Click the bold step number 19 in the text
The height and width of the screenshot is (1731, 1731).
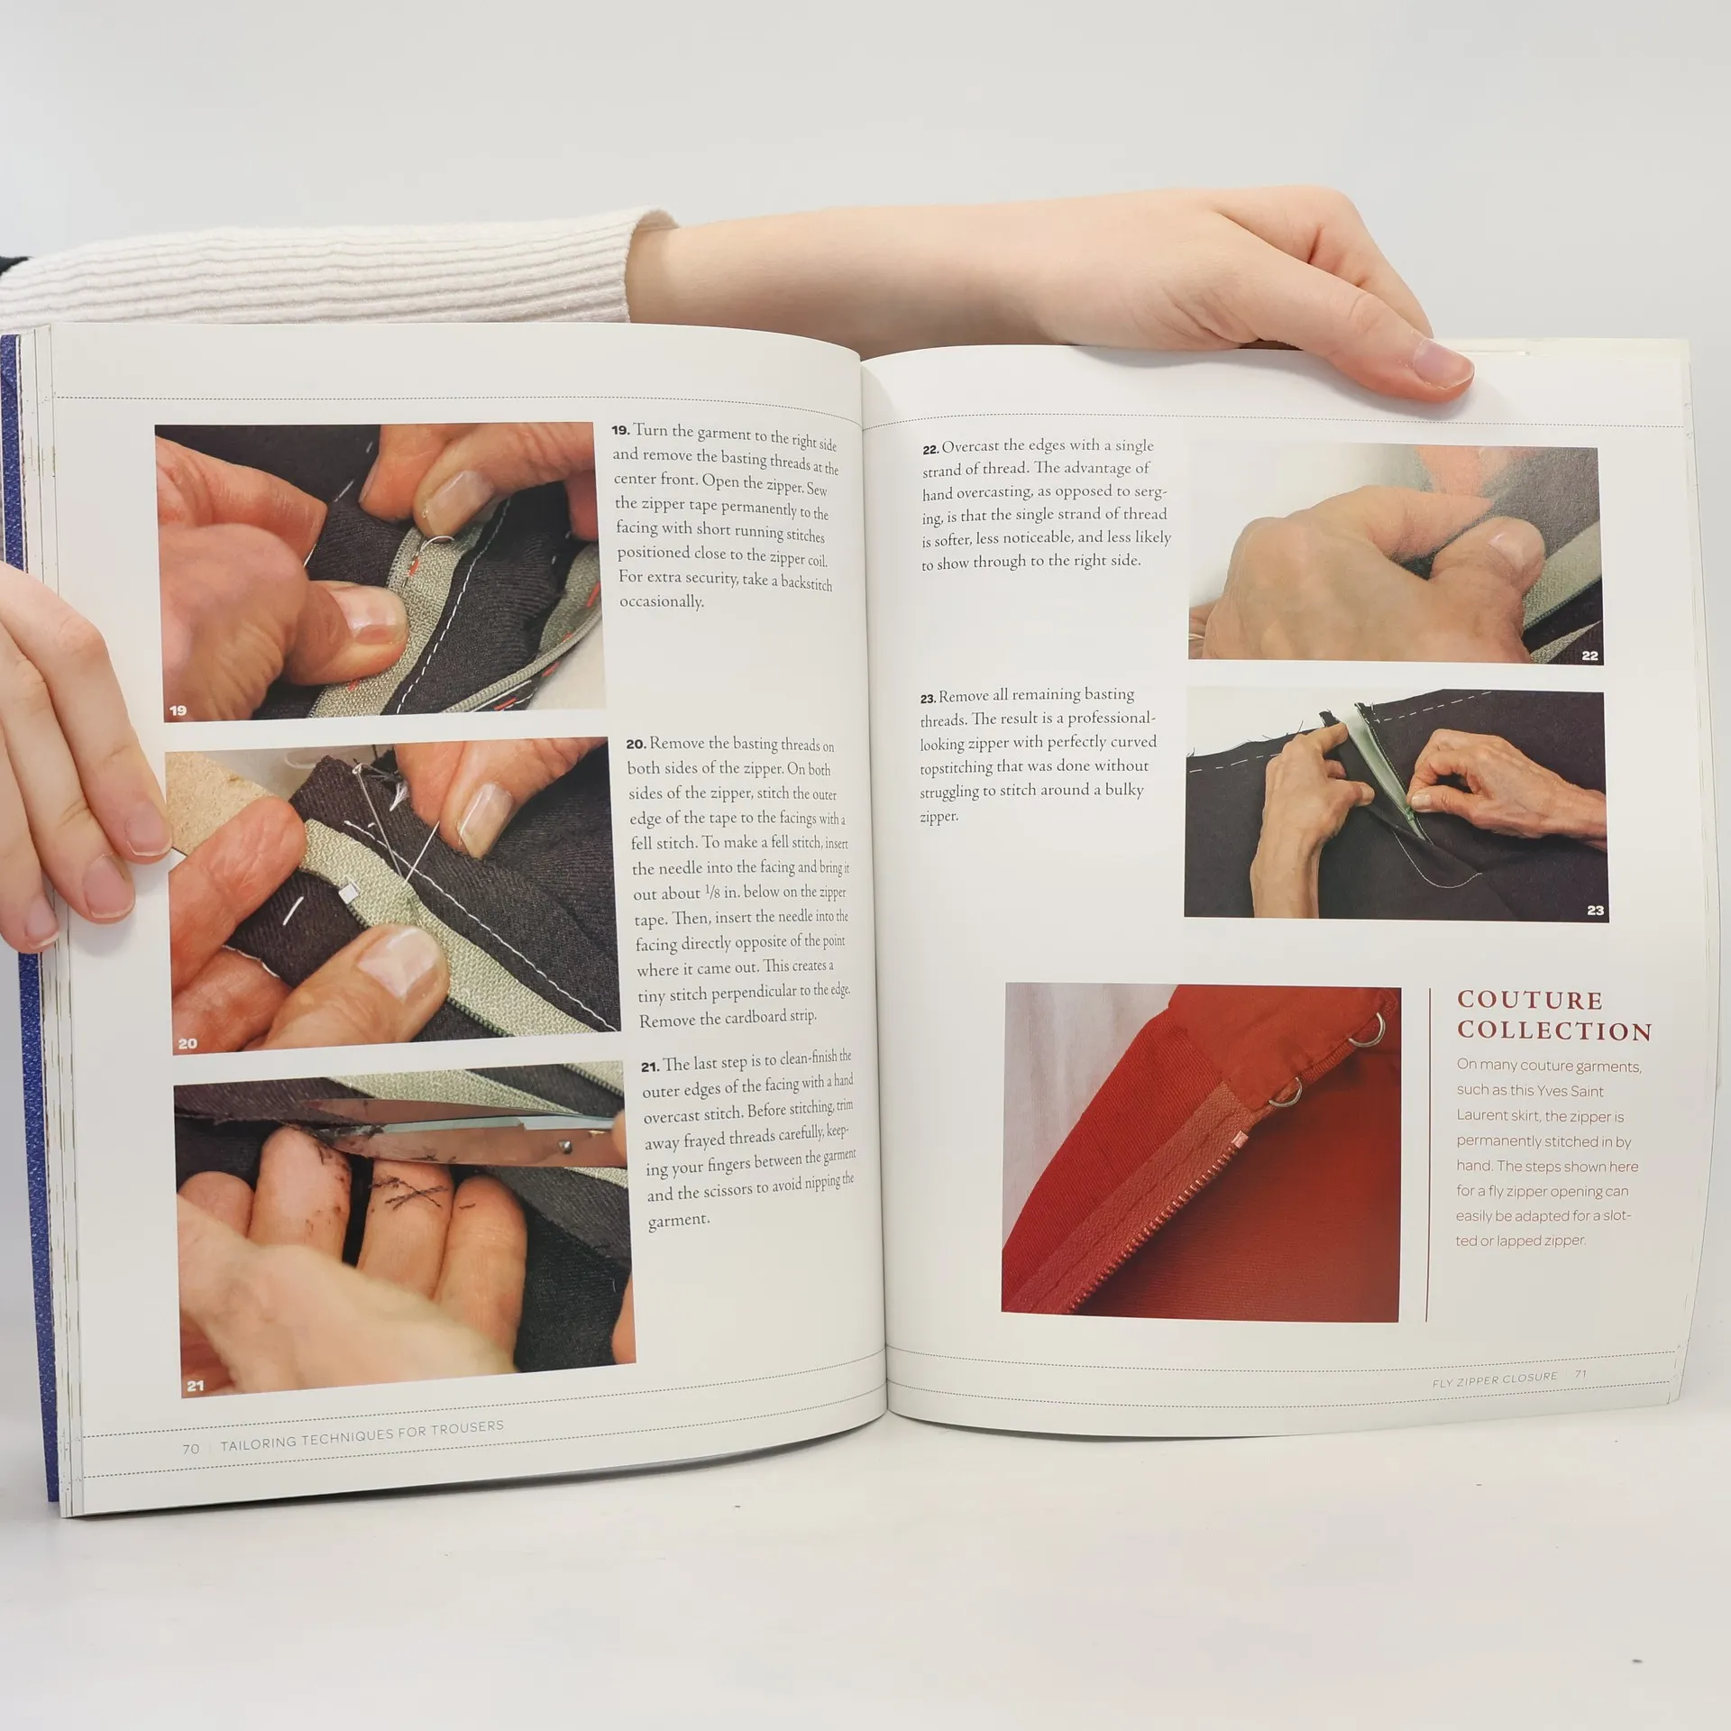(x=620, y=430)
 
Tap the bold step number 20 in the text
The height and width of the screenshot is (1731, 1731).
(x=636, y=744)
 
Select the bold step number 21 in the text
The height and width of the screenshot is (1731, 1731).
(x=650, y=1067)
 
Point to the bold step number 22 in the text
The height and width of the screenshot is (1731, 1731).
(x=930, y=449)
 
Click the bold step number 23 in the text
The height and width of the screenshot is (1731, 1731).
(x=929, y=698)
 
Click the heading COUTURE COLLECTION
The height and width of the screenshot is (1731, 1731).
(x=1554, y=1015)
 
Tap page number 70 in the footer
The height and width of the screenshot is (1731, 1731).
(x=190, y=1450)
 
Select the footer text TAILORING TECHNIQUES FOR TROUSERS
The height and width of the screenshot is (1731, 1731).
(x=362, y=1435)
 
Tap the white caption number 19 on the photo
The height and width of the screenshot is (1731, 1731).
(x=178, y=710)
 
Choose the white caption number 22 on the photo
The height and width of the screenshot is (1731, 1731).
(x=1589, y=655)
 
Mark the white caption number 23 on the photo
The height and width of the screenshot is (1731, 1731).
(x=1595, y=911)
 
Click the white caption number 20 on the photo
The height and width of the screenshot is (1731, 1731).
(x=187, y=1043)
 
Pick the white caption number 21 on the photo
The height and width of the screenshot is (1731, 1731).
(x=195, y=1386)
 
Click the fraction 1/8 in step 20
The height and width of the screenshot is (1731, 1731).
(x=713, y=893)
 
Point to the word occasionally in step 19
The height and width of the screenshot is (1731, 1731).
(x=661, y=600)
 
